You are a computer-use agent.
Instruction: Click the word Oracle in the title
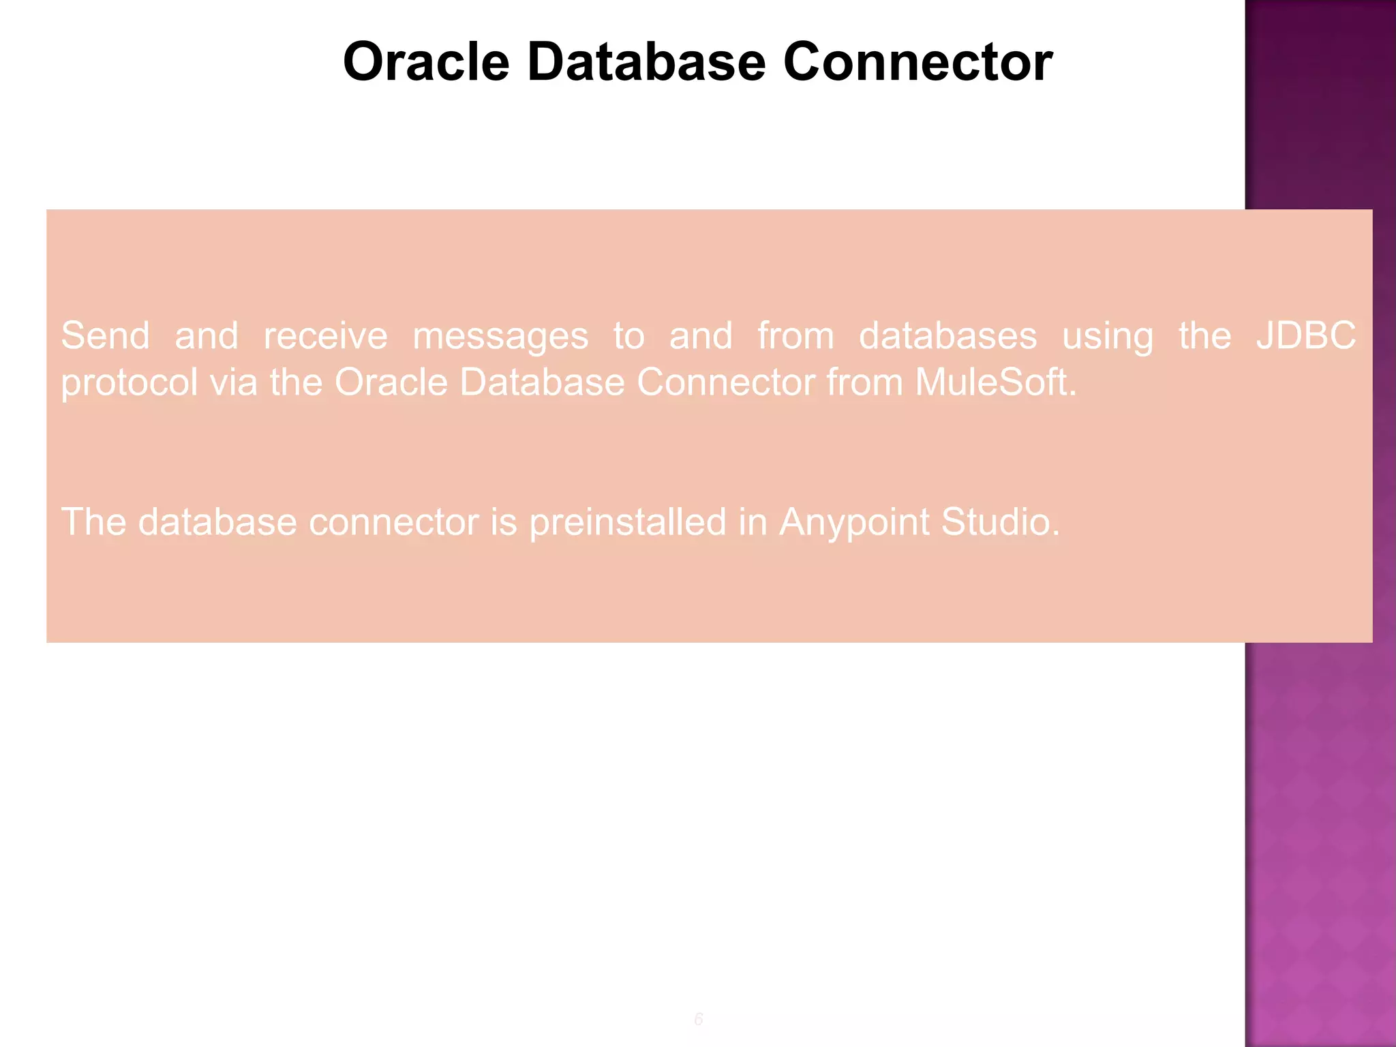[x=426, y=62]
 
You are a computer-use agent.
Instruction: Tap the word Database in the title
[x=646, y=62]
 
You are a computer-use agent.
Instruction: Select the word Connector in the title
[x=917, y=62]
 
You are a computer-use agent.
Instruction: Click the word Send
[x=105, y=336]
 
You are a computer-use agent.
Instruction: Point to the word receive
[x=325, y=336]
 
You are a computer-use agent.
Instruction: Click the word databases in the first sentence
[x=947, y=336]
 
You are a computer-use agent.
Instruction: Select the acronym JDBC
[x=1306, y=335]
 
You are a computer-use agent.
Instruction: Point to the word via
[x=233, y=382]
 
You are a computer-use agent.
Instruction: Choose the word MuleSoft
[x=995, y=382]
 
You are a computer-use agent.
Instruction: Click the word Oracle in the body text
[x=390, y=382]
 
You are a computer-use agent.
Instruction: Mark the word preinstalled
[x=628, y=523]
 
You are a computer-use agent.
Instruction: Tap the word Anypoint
[x=853, y=523]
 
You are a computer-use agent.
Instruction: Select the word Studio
[x=1000, y=522]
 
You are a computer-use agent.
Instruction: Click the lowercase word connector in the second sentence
[x=393, y=523]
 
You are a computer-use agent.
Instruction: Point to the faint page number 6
[x=698, y=1019]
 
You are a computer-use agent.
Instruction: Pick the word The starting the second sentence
[x=93, y=522]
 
